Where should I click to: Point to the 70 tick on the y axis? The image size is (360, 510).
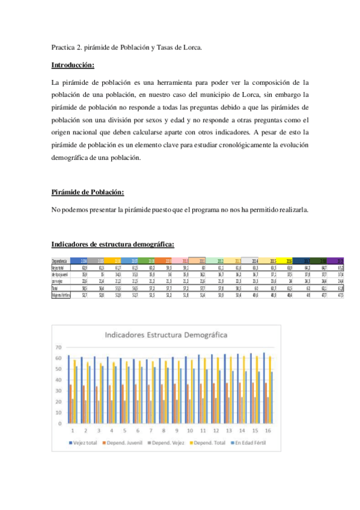pyautogui.click(x=59, y=347)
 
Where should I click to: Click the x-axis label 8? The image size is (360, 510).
pyautogui.click(x=162, y=430)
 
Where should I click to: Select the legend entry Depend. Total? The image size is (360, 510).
pyautogui.click(x=213, y=443)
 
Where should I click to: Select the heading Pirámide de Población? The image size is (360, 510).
pyautogui.click(x=88, y=192)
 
